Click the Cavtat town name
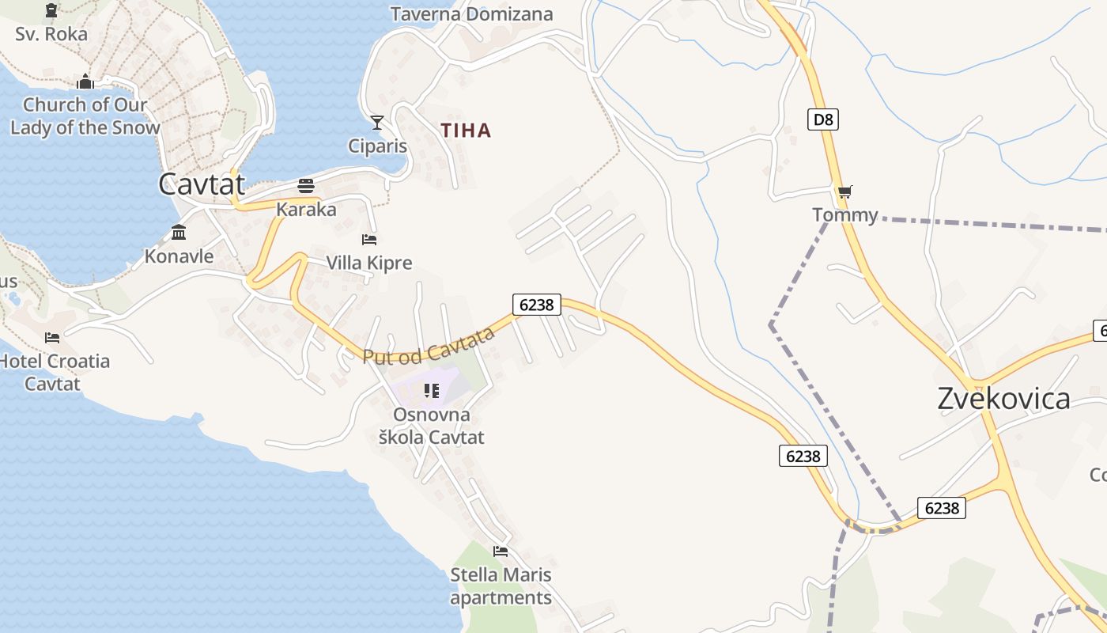pos(202,184)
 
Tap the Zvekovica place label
pos(1003,398)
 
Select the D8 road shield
pos(823,119)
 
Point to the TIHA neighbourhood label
pos(467,131)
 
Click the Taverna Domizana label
pos(471,14)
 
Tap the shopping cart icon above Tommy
pos(845,191)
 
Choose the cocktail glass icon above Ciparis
pos(377,122)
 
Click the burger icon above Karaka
pos(306,186)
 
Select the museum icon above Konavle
pos(179,233)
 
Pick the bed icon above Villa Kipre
pos(369,239)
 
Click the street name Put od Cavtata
pos(429,346)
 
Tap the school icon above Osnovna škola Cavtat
pos(431,390)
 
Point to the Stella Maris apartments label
pos(501,586)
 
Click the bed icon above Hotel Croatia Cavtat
pos(52,338)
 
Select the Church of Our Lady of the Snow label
pos(85,116)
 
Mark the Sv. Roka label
pos(51,34)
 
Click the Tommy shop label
pos(845,215)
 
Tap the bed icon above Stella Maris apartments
pos(501,552)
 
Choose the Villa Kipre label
pos(369,263)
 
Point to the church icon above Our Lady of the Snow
pos(85,81)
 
